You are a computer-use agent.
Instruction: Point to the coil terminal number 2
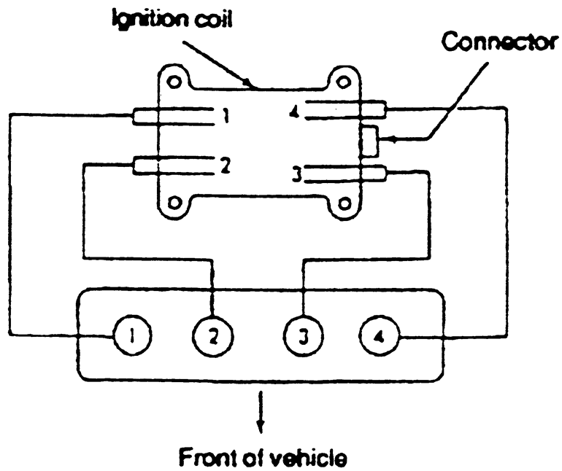click(x=227, y=166)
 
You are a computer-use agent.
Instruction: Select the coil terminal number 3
click(x=296, y=174)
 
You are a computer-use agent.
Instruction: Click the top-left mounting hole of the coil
click(x=173, y=76)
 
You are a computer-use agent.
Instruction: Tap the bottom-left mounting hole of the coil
click(x=174, y=202)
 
